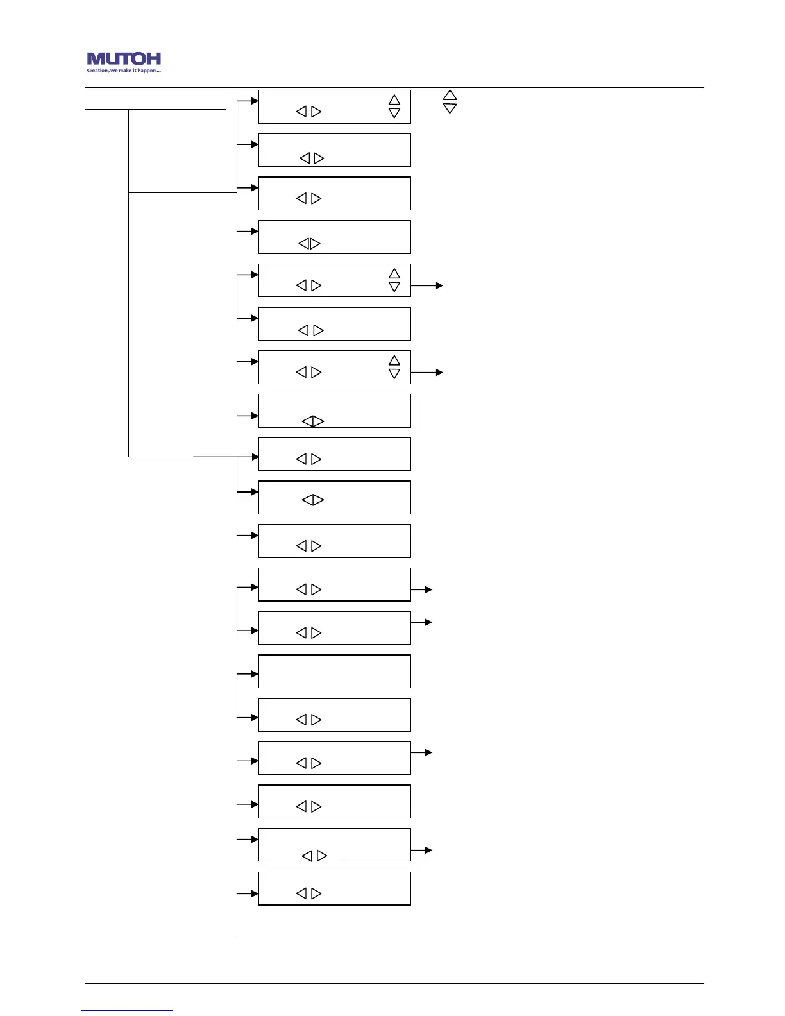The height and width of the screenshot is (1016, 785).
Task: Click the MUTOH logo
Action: (124, 59)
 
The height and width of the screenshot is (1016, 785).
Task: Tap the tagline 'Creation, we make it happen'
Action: (124, 71)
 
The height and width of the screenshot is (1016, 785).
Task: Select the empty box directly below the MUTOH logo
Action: (155, 99)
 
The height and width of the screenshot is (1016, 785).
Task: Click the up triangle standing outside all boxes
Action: (450, 95)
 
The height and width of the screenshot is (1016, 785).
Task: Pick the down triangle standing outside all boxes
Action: (450, 108)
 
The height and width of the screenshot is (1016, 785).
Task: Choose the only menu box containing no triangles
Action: (334, 671)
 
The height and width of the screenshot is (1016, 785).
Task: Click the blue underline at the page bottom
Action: (127, 1010)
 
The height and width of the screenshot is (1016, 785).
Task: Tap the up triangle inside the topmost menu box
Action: (394, 99)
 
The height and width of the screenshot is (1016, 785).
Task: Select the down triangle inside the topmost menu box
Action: (394, 113)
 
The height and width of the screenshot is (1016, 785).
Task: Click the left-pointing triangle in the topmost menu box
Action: (301, 112)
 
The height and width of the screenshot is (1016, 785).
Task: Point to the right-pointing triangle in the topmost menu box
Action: (316, 112)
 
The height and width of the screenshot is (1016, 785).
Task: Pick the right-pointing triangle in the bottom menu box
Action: (316, 893)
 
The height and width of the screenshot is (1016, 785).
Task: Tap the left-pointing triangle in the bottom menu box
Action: (301, 893)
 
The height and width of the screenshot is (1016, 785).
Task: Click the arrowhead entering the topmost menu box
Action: (255, 101)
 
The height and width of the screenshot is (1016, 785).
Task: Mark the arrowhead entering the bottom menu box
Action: (255, 893)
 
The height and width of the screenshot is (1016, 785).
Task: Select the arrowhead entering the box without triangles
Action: (255, 674)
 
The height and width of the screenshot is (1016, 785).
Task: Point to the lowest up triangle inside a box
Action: (394, 360)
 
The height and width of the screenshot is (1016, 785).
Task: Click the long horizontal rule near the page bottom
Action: (394, 983)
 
